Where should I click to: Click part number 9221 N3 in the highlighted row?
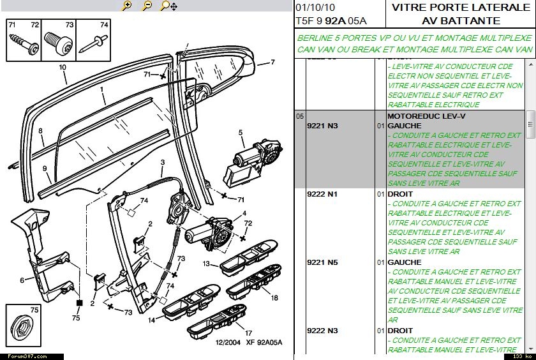pos(322,126)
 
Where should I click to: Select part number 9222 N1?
pos(322,194)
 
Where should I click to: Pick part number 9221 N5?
pos(322,262)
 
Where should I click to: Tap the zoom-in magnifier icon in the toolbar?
pos(127,6)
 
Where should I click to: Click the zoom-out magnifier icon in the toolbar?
pos(147,6)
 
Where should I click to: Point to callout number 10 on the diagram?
pos(63,67)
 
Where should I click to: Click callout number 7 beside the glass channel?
pos(272,63)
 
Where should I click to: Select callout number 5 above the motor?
pos(241,133)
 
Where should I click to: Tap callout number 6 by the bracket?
pos(22,280)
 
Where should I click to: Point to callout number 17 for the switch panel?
pos(248,333)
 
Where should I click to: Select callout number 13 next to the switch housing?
pos(207,263)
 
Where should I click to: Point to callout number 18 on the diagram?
pos(274,297)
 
